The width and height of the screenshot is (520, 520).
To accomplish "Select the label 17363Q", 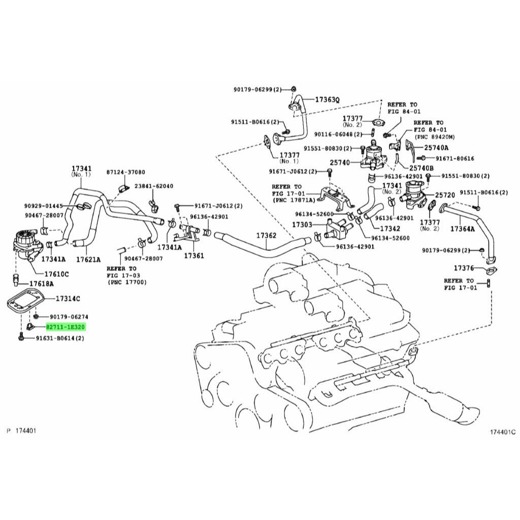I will coord(327,100).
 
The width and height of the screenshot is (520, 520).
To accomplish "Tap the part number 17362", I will coord(266,236).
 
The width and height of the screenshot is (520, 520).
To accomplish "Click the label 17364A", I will coord(463,230).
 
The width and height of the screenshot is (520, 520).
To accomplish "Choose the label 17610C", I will coord(56,274).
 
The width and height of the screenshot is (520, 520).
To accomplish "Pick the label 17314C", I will coord(68,299).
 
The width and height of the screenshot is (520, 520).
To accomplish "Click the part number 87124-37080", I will coord(125,172).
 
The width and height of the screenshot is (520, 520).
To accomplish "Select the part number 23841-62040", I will coord(153,186).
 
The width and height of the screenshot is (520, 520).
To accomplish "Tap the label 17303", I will coord(302,224).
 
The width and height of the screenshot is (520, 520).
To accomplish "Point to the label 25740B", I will coord(421,168).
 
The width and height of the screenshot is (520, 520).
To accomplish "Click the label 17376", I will coord(464,268).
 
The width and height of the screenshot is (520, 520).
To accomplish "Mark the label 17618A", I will coord(41,283).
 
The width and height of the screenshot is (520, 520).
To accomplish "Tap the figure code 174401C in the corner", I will coord(502,432).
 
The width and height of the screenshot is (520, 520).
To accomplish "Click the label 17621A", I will coord(89,259).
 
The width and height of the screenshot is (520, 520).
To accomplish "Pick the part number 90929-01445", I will coord(43,206).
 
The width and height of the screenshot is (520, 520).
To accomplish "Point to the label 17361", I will coord(193,255).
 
